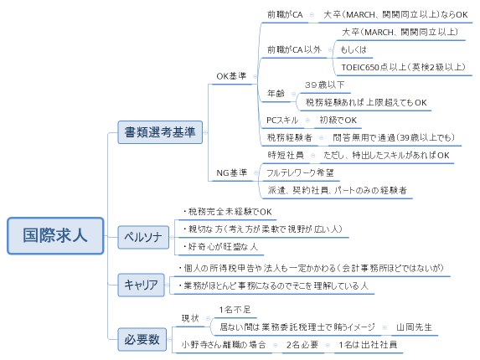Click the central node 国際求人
(54, 235)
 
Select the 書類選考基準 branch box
(160, 131)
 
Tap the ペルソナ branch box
(142, 234)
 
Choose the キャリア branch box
(141, 285)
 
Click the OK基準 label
(231, 76)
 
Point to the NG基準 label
(231, 173)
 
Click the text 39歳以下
(325, 85)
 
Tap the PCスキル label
(282, 120)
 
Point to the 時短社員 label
(285, 155)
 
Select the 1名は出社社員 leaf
(369, 344)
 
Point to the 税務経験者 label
(289, 137)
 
